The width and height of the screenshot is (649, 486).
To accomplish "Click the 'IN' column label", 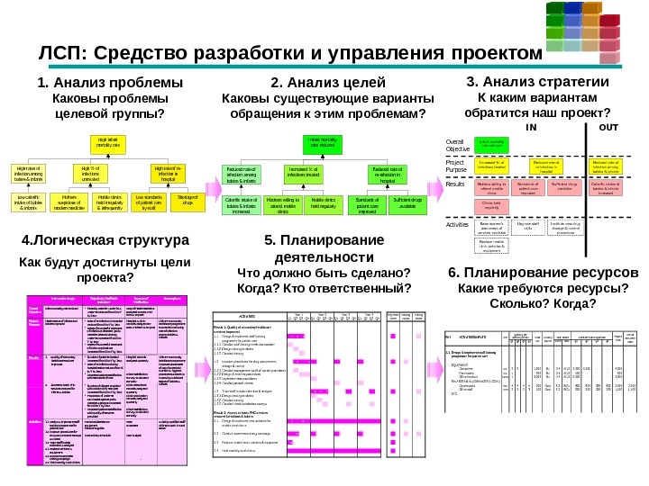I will tap(531, 127).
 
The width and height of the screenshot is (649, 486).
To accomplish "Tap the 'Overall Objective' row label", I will tap(459, 145).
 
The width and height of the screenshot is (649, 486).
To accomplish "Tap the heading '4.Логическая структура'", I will tap(105, 241).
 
